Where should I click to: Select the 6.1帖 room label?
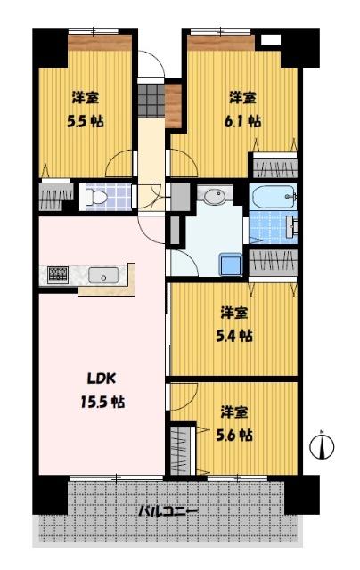click(242, 108)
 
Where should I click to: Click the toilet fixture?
click(99, 195)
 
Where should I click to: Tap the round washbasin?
click(214, 196)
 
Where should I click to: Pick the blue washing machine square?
click(231, 264)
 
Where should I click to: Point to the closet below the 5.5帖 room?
click(54, 196)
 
